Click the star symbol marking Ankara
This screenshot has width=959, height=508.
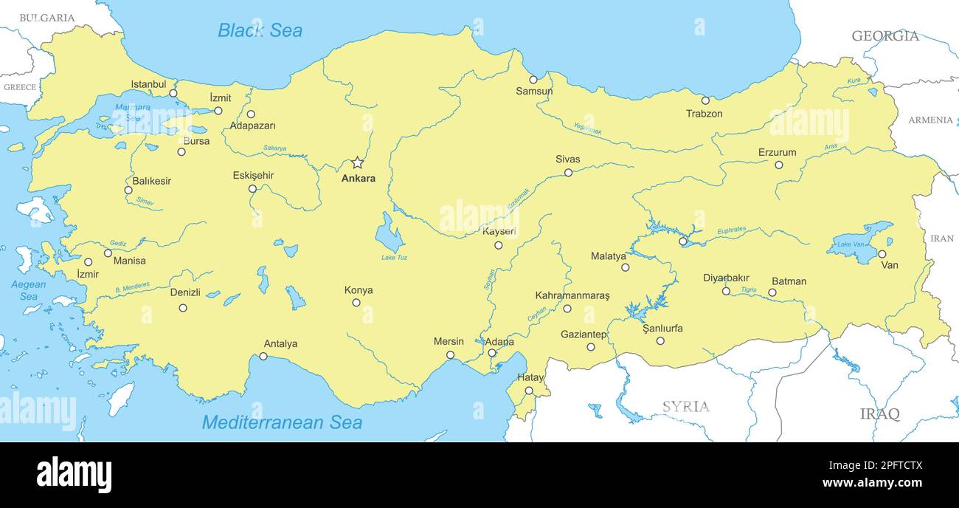[357, 162]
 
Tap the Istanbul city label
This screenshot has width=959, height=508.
[149, 84]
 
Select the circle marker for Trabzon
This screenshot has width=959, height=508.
[705, 100]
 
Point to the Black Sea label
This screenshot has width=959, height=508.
[260, 30]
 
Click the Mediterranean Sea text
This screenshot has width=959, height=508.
[282, 422]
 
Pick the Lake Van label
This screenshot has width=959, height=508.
[850, 244]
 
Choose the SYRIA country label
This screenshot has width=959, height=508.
[685, 406]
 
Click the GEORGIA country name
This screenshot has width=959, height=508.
[885, 35]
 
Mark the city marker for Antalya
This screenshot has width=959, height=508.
[263, 357]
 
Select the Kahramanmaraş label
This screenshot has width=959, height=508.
[572, 295]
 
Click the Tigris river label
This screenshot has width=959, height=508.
[748, 290]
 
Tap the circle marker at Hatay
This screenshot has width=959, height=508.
[529, 391]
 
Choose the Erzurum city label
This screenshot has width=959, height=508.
[777, 153]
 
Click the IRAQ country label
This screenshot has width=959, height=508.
[879, 413]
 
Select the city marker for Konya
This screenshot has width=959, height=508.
[356, 303]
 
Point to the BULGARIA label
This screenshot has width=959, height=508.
[46, 18]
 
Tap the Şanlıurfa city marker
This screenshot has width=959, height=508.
[660, 341]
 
